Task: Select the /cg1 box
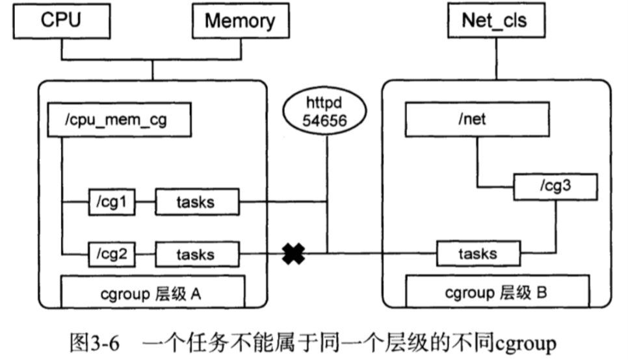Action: pyautogui.click(x=112, y=203)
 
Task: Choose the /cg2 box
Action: pyautogui.click(x=112, y=254)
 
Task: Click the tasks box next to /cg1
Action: pyautogui.click(x=196, y=203)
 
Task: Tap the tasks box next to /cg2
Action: pyautogui.click(x=196, y=254)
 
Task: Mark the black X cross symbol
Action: pyautogui.click(x=293, y=254)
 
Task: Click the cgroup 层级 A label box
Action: pyautogui.click(x=152, y=292)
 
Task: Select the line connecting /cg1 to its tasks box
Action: pyautogui.click(x=145, y=203)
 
